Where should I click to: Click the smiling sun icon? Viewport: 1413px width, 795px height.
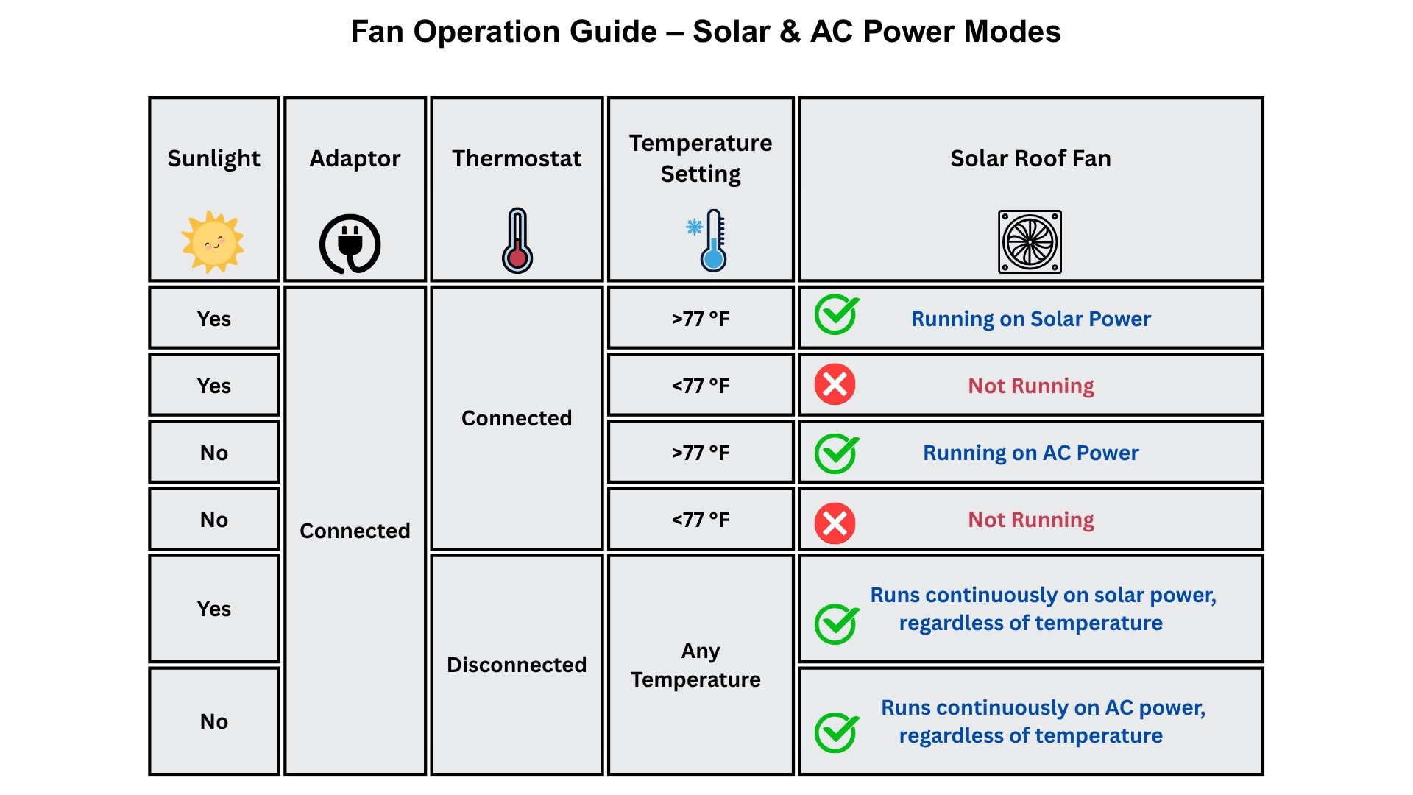[x=213, y=242]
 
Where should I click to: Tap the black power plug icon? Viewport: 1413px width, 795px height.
[x=350, y=244]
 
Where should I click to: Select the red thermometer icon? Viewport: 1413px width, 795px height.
[x=517, y=241]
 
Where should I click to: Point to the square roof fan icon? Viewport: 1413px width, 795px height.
[x=1030, y=242]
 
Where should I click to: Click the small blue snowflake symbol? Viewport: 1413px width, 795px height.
[x=694, y=227]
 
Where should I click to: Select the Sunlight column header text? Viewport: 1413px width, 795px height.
[x=213, y=158]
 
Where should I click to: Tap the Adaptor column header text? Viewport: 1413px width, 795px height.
[x=355, y=158]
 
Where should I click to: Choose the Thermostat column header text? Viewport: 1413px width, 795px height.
[x=517, y=158]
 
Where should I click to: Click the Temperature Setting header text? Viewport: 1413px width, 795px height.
[x=701, y=158]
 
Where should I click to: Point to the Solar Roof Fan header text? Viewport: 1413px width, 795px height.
[x=1030, y=158]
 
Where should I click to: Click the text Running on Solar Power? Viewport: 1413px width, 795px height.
[x=1030, y=319]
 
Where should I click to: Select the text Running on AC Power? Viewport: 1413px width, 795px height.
[x=1030, y=453]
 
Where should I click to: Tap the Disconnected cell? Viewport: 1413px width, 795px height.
[x=517, y=665]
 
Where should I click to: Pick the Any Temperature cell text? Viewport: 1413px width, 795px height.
[x=697, y=665]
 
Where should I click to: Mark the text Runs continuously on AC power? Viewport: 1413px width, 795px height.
[x=1043, y=707]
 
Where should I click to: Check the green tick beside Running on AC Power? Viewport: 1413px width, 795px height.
[x=836, y=453]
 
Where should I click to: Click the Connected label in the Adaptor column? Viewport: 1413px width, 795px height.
[x=355, y=531]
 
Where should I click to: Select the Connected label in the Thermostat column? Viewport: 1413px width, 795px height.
[x=517, y=418]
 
